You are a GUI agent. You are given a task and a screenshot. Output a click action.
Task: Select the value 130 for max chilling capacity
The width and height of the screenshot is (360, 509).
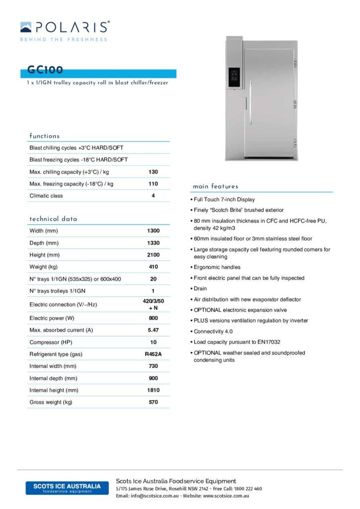click(x=153, y=172)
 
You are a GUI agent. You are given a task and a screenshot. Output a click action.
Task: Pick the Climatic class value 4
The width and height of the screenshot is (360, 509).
click(x=153, y=196)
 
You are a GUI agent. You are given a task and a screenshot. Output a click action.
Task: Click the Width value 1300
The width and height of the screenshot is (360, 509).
click(x=153, y=231)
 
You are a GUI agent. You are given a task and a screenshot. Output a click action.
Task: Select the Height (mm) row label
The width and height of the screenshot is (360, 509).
click(x=44, y=255)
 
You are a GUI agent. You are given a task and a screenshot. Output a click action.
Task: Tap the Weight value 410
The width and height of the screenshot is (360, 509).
click(x=153, y=267)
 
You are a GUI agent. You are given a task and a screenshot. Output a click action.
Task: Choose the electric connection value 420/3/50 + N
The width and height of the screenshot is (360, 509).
click(x=153, y=304)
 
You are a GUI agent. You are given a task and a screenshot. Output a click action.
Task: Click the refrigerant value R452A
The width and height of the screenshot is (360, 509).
click(x=153, y=354)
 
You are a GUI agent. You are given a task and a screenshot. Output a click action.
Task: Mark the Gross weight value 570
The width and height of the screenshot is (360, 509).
click(x=153, y=402)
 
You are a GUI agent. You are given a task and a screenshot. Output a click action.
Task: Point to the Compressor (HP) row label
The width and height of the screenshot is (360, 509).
click(x=50, y=342)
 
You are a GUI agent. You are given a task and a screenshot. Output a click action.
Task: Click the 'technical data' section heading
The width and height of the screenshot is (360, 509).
click(x=53, y=219)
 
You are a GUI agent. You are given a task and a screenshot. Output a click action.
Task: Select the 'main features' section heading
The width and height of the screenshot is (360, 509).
click(x=215, y=186)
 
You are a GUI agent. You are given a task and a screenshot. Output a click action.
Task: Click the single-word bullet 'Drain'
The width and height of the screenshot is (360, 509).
click(x=200, y=289)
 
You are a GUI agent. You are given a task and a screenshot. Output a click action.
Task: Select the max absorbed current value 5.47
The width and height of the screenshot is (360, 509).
click(x=153, y=330)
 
